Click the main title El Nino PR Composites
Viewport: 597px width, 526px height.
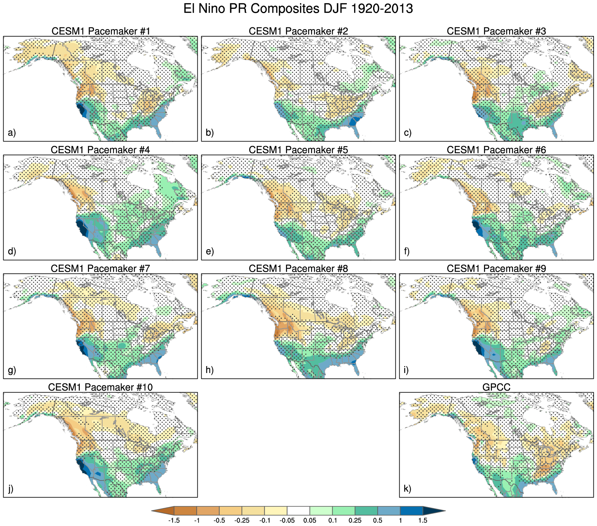click(x=298, y=9)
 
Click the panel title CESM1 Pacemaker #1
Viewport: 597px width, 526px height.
click(x=101, y=31)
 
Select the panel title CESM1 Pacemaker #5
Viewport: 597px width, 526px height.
click(x=298, y=150)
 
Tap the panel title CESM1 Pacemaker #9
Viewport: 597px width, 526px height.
click(x=496, y=269)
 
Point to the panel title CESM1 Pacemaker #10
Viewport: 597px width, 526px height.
click(x=101, y=387)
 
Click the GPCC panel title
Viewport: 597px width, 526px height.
click(x=496, y=387)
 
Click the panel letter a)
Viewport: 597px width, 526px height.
click(x=12, y=133)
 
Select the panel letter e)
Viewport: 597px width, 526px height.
click(x=210, y=251)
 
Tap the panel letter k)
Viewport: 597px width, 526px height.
click(x=408, y=488)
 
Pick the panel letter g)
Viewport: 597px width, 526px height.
click(x=12, y=370)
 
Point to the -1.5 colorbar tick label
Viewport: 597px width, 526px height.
click(x=174, y=521)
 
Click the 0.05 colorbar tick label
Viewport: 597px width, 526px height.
click(x=310, y=521)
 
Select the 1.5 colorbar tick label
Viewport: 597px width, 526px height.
click(x=423, y=521)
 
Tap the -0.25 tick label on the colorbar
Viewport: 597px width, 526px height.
click(x=242, y=521)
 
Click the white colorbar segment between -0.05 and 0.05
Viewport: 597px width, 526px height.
click(x=298, y=511)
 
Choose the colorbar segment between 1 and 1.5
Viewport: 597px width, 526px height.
click(x=411, y=511)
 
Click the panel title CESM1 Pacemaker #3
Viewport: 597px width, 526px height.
click(x=496, y=31)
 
